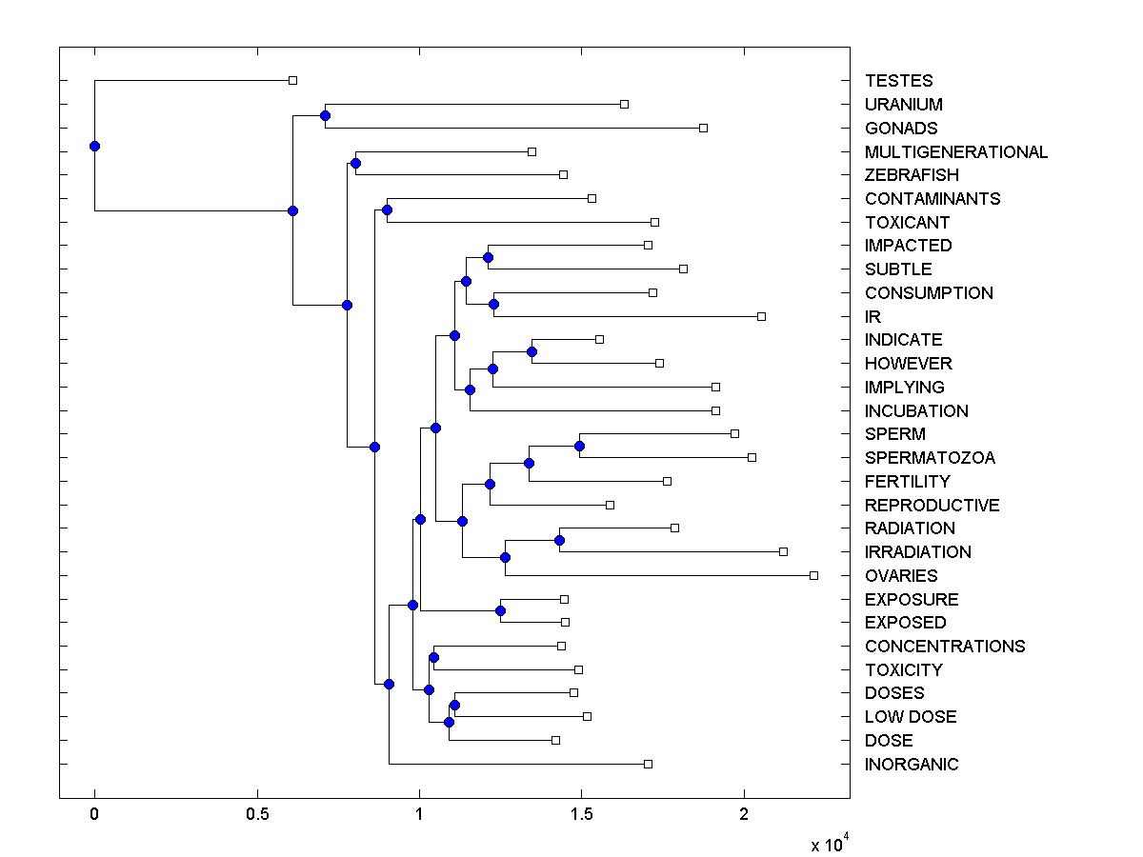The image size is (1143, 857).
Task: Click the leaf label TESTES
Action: coord(898,81)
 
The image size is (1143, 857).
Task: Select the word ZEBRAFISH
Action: coord(912,175)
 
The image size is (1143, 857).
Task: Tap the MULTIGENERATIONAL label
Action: coord(955,151)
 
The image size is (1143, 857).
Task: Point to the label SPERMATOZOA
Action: coord(930,458)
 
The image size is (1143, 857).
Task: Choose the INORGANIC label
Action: coord(912,764)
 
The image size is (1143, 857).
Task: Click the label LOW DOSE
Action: coord(911,717)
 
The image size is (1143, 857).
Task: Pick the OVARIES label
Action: coord(901,575)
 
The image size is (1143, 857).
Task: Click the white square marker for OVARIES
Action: coord(813,575)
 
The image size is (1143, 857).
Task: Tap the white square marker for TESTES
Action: coord(292,80)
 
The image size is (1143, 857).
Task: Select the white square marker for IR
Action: coord(761,316)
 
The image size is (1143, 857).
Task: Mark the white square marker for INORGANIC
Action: coord(648,764)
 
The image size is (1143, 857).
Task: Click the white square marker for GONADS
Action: coord(703,128)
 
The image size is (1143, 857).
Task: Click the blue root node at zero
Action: coord(94,146)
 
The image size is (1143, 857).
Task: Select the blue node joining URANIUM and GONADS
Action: coord(325,115)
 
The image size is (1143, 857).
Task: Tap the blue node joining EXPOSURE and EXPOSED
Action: coord(500,610)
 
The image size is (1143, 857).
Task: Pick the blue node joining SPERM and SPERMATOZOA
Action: coord(579,446)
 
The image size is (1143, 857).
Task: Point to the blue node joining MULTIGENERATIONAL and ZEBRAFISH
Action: coord(355,163)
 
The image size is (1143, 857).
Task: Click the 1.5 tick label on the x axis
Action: coord(581,814)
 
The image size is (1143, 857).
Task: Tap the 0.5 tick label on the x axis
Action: coord(256,814)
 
